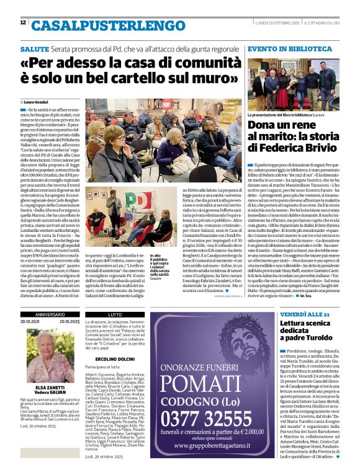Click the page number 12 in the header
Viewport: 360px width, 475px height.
click(23, 23)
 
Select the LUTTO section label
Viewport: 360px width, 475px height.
click(115, 315)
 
